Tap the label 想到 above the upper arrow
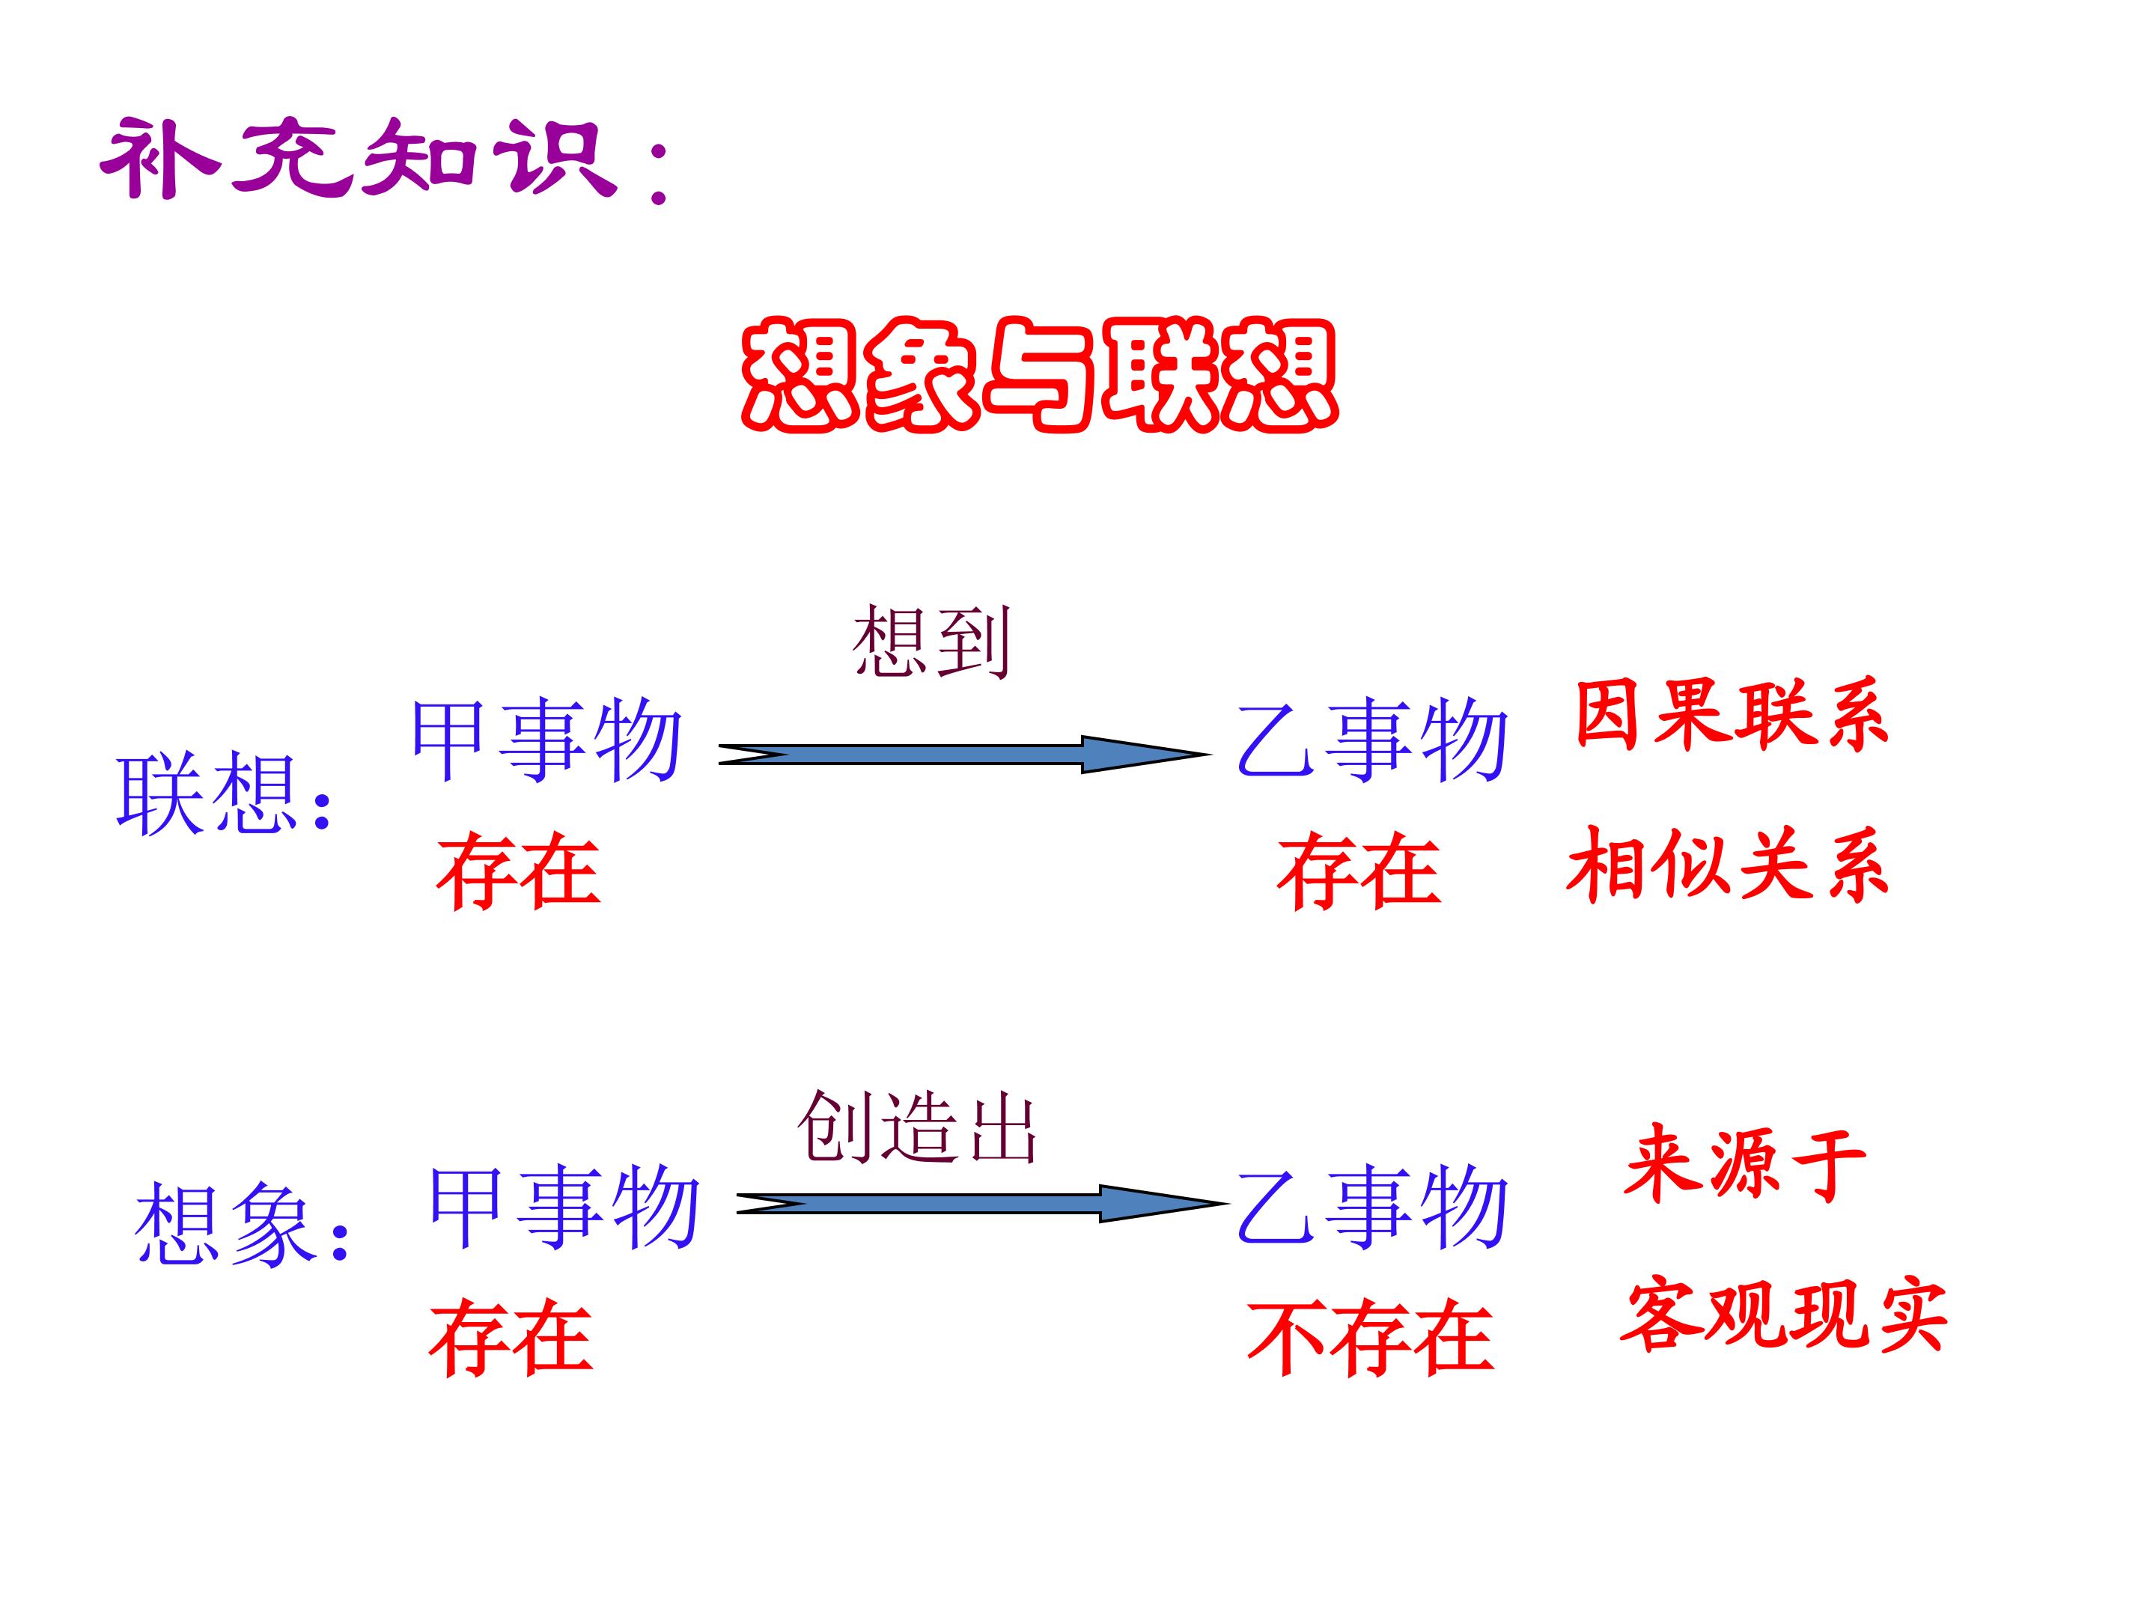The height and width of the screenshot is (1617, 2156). [x=931, y=642]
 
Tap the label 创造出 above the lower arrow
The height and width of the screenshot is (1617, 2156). [x=917, y=1127]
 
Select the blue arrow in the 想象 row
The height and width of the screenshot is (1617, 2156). [x=982, y=1204]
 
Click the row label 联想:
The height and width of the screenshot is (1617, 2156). [x=224, y=794]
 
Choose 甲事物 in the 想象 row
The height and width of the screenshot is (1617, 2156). [x=564, y=1208]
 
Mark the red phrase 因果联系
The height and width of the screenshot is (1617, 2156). [x=1732, y=716]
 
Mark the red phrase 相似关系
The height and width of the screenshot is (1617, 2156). [x=1728, y=865]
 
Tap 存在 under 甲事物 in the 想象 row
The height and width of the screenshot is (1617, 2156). [x=511, y=1337]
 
